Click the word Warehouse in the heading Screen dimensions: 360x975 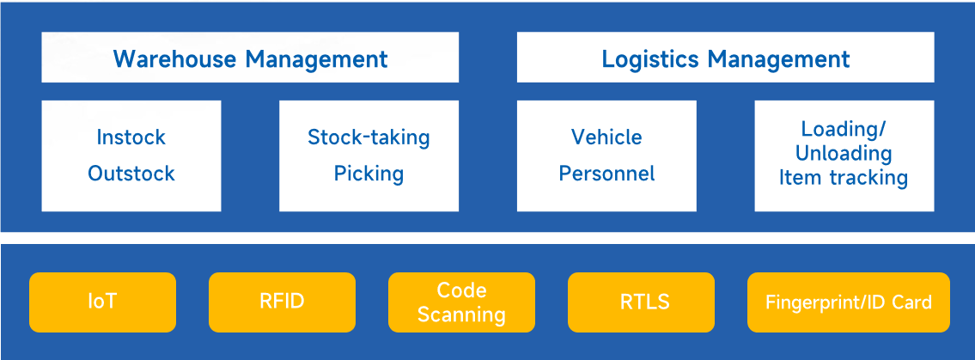pos(175,59)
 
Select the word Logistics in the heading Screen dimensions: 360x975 pos(650,59)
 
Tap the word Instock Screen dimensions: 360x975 pos(131,137)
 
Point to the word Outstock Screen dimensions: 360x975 pos(131,174)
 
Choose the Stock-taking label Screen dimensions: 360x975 pos(369,137)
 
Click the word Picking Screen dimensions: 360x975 pos(369,174)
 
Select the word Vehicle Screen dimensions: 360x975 pos(606,137)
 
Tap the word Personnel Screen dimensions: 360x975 pos(606,174)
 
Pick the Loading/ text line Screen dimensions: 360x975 pos(844,129)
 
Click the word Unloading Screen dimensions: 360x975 pos(844,154)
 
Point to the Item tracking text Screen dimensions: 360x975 pos(844,178)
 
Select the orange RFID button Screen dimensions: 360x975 pos(282,302)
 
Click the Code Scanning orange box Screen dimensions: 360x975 pos(461,302)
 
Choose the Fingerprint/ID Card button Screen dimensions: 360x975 pos(848,302)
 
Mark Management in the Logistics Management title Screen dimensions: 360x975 pos(778,59)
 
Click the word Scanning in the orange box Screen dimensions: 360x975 pos(461,314)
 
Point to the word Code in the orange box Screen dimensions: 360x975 pos(461,290)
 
